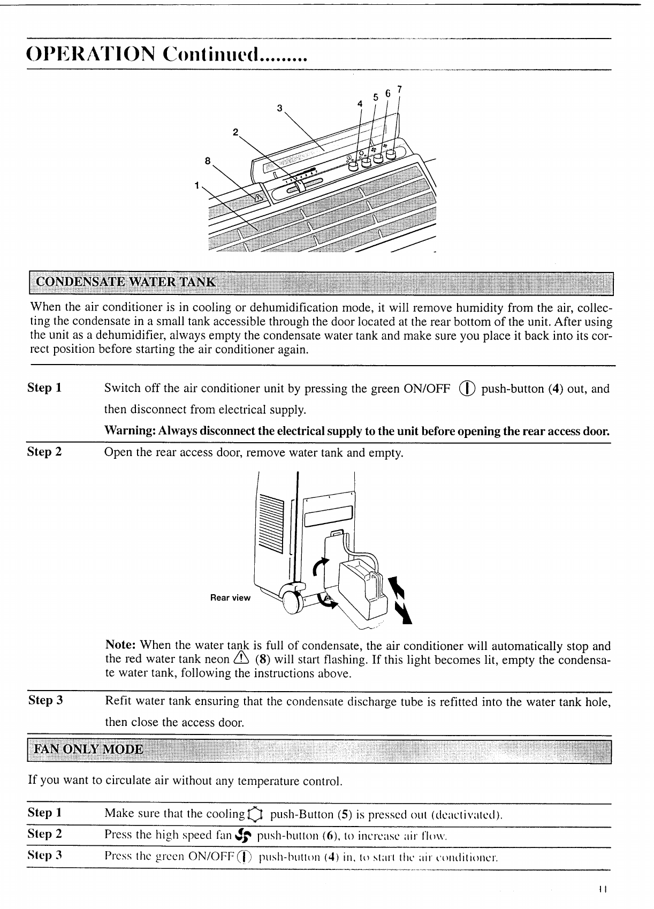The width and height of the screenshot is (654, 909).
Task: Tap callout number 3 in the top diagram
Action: tap(279, 108)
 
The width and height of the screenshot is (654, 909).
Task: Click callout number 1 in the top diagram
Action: tap(197, 185)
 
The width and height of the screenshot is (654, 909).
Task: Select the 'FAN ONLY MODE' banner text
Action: tap(88, 749)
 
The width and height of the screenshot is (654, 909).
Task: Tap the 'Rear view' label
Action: tap(230, 597)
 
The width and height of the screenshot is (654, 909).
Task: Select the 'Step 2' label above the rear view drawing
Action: tap(44, 452)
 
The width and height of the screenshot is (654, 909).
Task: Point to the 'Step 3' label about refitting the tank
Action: tap(45, 700)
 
